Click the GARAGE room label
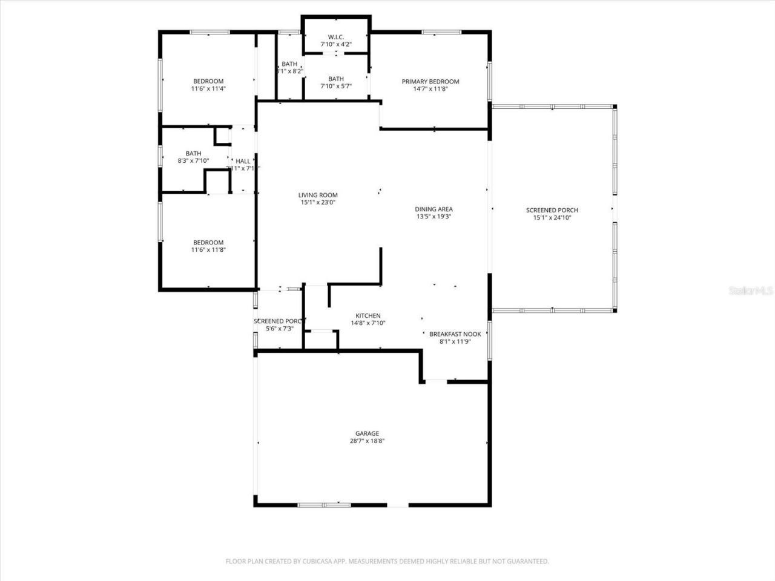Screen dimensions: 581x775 (x=367, y=433)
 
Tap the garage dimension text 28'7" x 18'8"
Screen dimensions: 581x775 (x=367, y=441)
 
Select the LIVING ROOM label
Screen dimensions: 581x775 (x=318, y=195)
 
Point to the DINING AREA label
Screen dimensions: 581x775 (x=434, y=209)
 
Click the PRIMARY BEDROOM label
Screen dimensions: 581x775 (x=430, y=82)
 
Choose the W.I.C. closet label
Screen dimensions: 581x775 (x=336, y=37)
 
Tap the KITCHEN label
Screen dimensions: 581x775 (x=368, y=316)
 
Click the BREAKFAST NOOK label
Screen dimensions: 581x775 (x=455, y=334)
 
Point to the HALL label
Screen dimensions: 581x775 (x=243, y=161)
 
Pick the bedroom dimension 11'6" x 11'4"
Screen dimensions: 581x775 (x=208, y=89)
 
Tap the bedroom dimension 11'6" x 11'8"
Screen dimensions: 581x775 (x=208, y=250)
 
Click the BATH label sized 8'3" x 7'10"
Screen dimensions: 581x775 (x=193, y=154)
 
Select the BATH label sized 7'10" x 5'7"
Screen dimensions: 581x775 (x=336, y=79)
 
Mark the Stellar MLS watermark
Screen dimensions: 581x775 (x=751, y=291)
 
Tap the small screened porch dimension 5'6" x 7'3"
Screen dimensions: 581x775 (x=280, y=329)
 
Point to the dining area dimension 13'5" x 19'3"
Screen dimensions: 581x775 (x=434, y=217)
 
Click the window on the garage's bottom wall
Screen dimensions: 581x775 (x=324, y=504)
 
